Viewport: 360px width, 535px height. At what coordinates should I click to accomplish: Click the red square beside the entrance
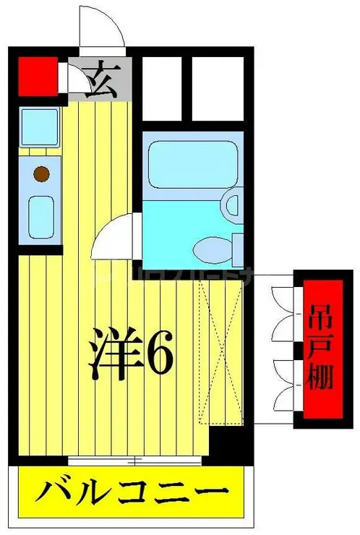click(37, 75)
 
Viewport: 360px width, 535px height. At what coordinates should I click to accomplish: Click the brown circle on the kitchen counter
click(42, 174)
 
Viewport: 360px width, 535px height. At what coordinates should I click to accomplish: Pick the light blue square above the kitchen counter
click(39, 126)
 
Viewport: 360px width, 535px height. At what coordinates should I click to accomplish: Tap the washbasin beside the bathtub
click(233, 205)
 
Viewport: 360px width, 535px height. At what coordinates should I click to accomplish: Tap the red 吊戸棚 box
click(318, 351)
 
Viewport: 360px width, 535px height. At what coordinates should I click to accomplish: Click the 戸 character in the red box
click(318, 351)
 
